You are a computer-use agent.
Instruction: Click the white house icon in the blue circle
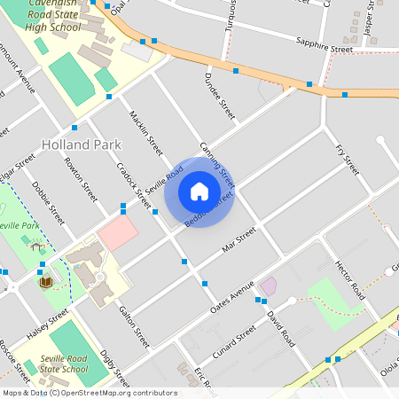click(x=199, y=192)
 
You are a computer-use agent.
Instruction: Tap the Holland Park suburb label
click(x=82, y=143)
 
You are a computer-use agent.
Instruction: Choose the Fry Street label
click(x=347, y=159)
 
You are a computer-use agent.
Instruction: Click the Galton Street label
click(x=134, y=325)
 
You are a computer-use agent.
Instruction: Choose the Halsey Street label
click(x=46, y=324)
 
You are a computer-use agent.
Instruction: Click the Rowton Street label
click(x=81, y=178)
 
